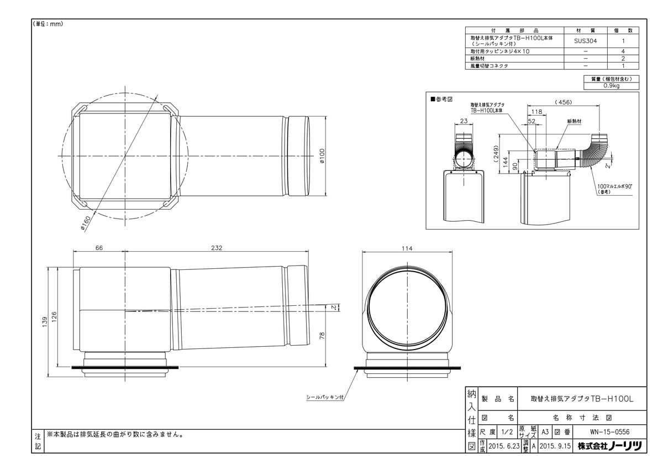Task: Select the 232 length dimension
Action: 216,248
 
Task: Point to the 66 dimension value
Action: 99,248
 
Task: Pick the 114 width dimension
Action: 407,248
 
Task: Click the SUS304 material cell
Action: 585,40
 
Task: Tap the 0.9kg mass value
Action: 611,86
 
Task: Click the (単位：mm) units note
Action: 49,24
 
